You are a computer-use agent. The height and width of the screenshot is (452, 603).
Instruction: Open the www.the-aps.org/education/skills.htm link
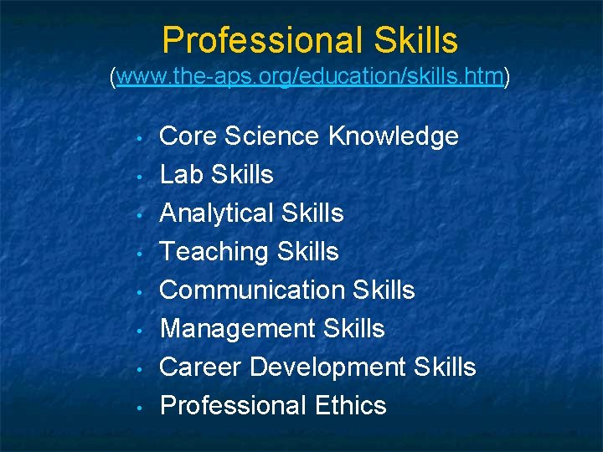point(310,78)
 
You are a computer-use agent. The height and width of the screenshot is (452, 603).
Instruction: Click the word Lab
point(182,174)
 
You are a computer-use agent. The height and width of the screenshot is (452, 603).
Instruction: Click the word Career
point(201,367)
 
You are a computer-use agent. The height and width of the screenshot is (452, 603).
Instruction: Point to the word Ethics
point(351,405)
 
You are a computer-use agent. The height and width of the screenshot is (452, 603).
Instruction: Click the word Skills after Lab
point(243,174)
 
